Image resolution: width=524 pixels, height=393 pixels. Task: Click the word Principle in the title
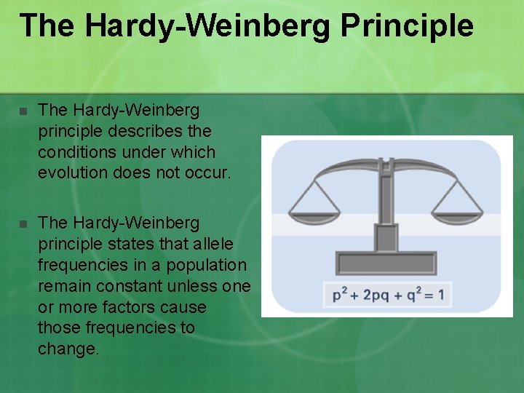[x=407, y=25]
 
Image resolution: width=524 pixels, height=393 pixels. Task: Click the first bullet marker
[x=23, y=111]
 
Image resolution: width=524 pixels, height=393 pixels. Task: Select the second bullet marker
[x=23, y=223]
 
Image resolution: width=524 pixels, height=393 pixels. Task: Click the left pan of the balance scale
[x=314, y=213]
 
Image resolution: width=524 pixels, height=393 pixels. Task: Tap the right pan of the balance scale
[x=457, y=213]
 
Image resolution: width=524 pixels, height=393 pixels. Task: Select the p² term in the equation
[x=340, y=295]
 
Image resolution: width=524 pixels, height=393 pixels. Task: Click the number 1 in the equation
[x=441, y=295]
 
